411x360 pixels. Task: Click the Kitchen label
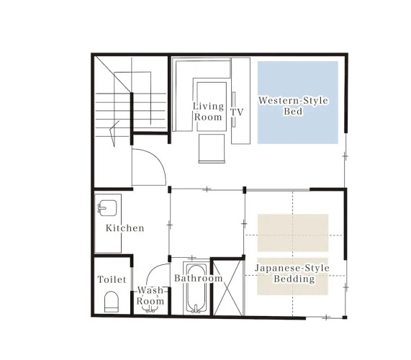click(125, 228)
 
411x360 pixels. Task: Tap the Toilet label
click(112, 279)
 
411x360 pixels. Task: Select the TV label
click(237, 112)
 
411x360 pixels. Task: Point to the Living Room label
click(209, 112)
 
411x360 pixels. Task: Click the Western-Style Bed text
click(293, 106)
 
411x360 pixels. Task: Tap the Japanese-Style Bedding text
click(292, 273)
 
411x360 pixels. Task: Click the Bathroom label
click(199, 278)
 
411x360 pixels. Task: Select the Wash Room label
click(150, 295)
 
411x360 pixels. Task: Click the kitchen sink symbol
click(107, 207)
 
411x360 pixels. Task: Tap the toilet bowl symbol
click(112, 302)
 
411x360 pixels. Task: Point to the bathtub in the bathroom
click(197, 289)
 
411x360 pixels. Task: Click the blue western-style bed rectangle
click(298, 102)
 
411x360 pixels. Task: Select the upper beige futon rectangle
click(293, 233)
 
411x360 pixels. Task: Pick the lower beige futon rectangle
click(292, 276)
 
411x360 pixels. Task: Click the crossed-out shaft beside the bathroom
click(227, 287)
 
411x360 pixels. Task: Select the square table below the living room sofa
click(212, 148)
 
